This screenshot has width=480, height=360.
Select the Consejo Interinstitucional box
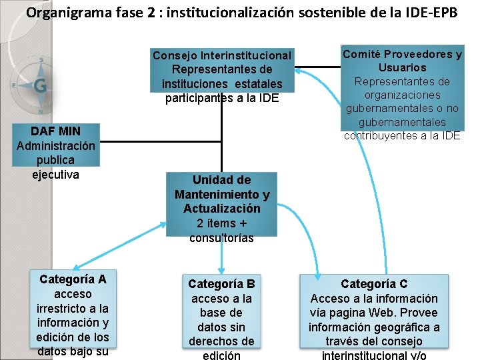pos(221,77)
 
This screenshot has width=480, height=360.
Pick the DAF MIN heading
pos(55,131)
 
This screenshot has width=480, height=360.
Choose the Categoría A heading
pos(73,279)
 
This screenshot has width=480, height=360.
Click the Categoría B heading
pos(221,283)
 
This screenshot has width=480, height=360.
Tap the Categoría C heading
pos(374,283)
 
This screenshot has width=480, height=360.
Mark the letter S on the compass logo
pos(41,59)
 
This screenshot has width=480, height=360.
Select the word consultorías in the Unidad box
pos(221,238)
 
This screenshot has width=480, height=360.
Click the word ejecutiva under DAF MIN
pos(55,175)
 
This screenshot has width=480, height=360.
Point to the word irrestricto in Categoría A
pos(73,308)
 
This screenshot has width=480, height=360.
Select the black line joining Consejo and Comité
pos(317,67)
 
